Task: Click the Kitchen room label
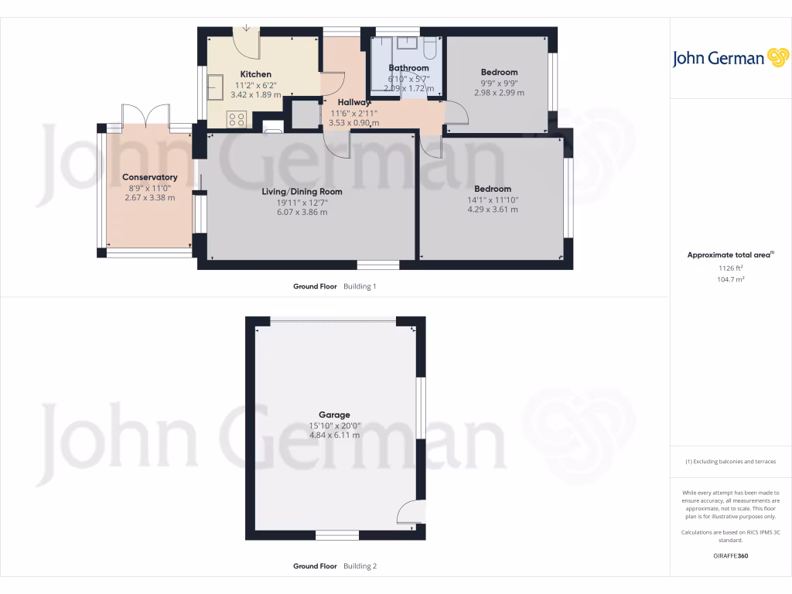point(255,74)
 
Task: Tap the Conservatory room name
point(150,177)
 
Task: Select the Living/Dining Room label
point(302,192)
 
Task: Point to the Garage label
point(335,415)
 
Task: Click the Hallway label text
point(354,102)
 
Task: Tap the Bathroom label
point(408,68)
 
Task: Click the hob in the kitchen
point(237,119)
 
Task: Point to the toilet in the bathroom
point(430,49)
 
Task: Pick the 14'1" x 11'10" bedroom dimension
point(493,200)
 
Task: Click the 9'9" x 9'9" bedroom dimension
point(499,83)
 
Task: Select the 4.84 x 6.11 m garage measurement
point(335,435)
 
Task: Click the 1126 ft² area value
point(730,268)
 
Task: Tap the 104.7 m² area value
point(730,278)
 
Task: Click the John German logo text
point(717,58)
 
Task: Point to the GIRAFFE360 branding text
point(730,555)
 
